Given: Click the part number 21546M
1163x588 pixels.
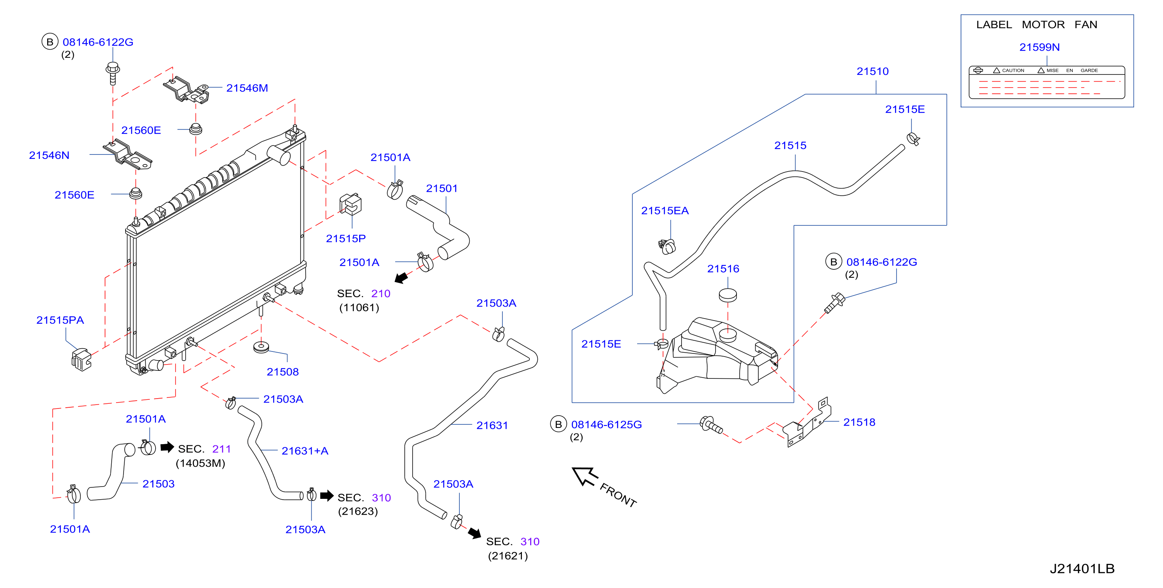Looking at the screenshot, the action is click(247, 88).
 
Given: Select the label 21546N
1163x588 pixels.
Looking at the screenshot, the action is click(49, 155).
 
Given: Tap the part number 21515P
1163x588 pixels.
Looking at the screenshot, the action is click(346, 239).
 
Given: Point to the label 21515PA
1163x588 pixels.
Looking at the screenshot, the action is click(60, 320).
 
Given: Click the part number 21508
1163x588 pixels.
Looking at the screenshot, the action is click(283, 372).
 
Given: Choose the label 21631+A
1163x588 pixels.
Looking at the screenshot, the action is click(305, 451).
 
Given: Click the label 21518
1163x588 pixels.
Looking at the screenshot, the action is click(859, 422).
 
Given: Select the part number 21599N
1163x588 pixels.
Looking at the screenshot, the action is click(1039, 47).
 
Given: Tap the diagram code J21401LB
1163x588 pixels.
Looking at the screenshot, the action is click(1082, 569).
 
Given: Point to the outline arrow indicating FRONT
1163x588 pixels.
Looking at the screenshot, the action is click(584, 476).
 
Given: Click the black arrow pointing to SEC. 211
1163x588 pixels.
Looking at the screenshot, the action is click(167, 447).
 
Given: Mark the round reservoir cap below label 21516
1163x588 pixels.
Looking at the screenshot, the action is click(728, 295).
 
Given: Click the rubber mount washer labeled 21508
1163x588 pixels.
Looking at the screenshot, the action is click(261, 347).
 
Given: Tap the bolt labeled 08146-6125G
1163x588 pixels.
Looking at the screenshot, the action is click(711, 425).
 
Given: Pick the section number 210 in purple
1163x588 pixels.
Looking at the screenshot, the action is click(381, 294).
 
